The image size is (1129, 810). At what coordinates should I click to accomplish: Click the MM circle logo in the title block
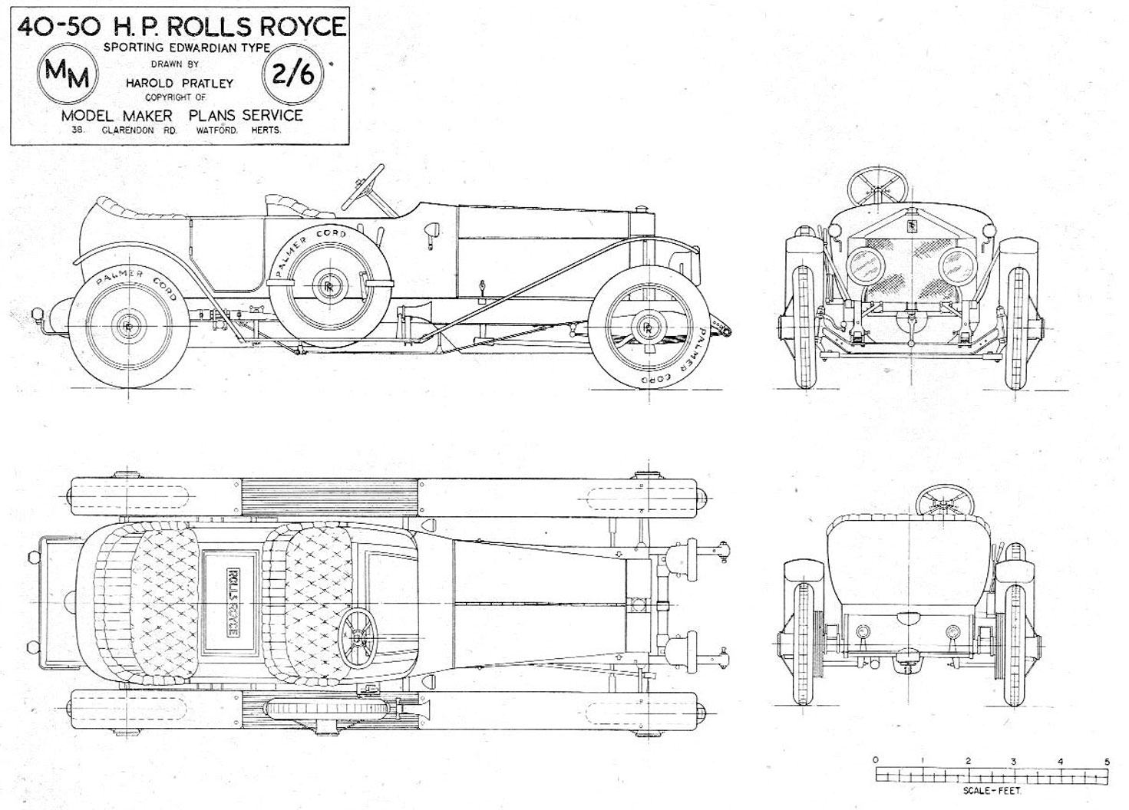tap(68, 74)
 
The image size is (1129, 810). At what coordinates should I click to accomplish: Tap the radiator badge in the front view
tap(911, 226)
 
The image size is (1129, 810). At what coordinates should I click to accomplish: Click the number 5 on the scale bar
tap(1107, 761)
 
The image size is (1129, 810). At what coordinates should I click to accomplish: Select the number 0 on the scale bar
tap(876, 760)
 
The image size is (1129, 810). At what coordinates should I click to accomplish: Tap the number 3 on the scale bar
tap(1014, 761)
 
